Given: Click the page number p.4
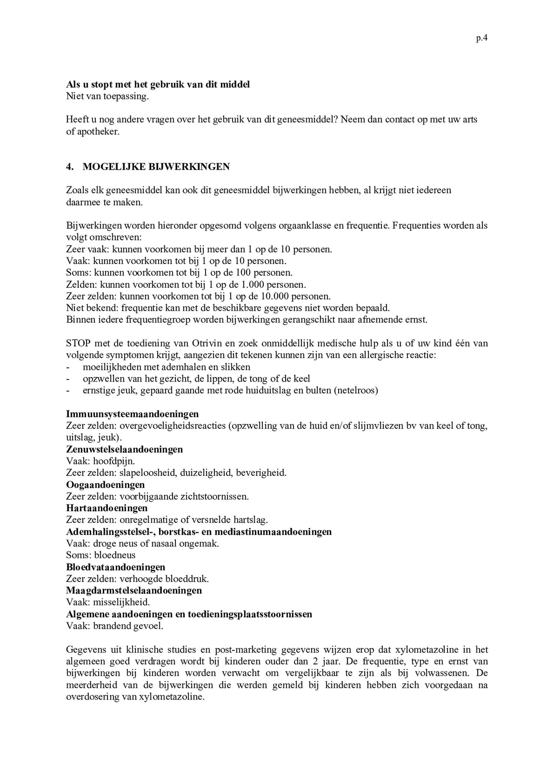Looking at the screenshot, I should point(481,38).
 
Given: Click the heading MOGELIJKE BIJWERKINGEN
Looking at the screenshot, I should point(156,167).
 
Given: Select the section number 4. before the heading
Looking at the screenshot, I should point(69,167).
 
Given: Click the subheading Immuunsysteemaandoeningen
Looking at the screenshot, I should point(132,414).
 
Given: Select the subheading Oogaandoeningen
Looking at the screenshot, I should point(105,484).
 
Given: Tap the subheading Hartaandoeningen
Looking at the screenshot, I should point(107,508).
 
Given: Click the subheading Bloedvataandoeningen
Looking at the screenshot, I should point(116,567).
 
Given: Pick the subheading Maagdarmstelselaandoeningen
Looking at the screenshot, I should point(134,590).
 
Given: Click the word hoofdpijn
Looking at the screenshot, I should point(114,461).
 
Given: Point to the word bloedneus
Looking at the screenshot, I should point(115,555).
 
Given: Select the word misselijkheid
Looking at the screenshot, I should point(121,602).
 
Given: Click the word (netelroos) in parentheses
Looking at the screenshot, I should point(356,391).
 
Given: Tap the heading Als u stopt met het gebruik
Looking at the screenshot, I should point(158,84).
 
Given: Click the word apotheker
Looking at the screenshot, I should point(98,132).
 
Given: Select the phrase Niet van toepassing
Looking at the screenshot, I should point(107,96).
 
